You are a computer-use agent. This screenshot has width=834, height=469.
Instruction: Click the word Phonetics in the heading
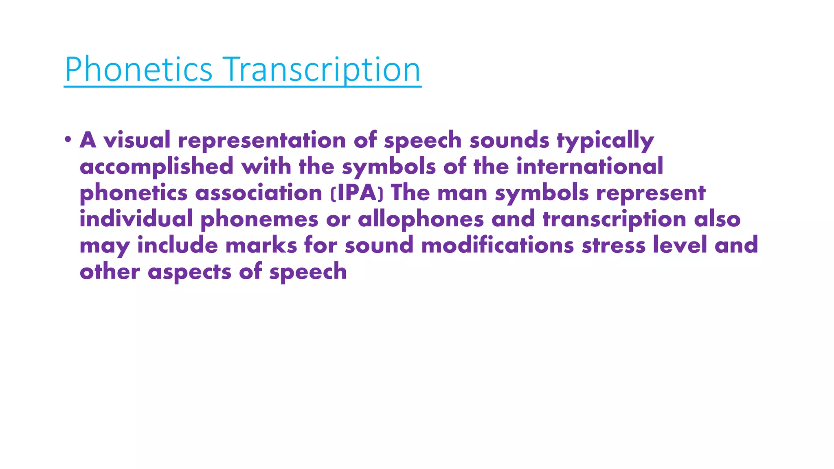[x=138, y=70]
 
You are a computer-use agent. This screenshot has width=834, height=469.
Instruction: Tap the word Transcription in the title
[x=322, y=70]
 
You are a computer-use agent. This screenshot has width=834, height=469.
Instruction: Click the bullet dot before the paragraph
[x=68, y=140]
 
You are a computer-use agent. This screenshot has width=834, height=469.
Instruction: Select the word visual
[x=137, y=140]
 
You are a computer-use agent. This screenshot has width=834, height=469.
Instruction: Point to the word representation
[x=262, y=140]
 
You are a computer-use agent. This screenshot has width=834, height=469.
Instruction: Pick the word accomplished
[x=156, y=167]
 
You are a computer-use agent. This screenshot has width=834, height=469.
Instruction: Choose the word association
[x=259, y=193]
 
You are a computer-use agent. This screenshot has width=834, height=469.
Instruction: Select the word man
[x=462, y=193]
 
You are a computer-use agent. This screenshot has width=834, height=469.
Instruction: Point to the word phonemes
[x=259, y=219]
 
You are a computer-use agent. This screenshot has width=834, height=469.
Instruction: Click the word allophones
[x=421, y=219]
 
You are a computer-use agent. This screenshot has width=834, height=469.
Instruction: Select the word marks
[x=261, y=245]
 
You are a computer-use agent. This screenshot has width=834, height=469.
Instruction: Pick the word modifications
[x=498, y=245]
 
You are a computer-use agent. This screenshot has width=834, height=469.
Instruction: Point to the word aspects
[x=189, y=272]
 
